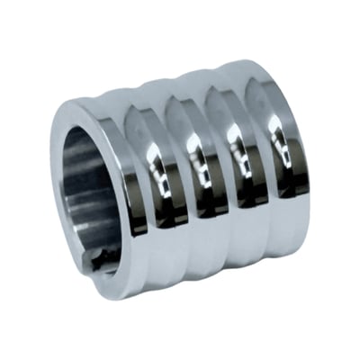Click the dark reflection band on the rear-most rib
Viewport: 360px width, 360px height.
[x=290, y=180]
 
